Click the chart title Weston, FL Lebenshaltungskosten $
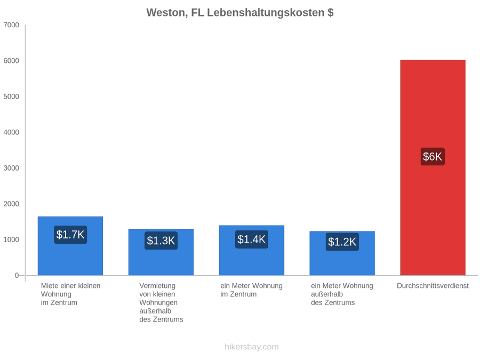pos(239,13)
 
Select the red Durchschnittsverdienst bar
pos(433,167)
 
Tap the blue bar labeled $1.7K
pos(70,246)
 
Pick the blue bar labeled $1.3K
pos(161,252)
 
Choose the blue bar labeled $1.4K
pos(251,250)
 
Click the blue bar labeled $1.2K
pos(342,253)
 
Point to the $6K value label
pos(433,156)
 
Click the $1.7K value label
pos(70,235)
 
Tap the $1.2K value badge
pos(342,242)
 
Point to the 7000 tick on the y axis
pos(11,25)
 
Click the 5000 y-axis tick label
pos(11,97)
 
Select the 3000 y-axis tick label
pos(11,168)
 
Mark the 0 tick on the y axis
pos(17,275)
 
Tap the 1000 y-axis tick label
pos(11,239)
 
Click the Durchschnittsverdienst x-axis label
pos(433,286)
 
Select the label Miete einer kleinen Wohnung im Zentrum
pos(71,294)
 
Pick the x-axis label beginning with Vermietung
pos(161,302)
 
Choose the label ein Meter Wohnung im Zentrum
pos(251,290)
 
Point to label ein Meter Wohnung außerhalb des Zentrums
pos(342,294)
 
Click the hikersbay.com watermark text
pos(251,347)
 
